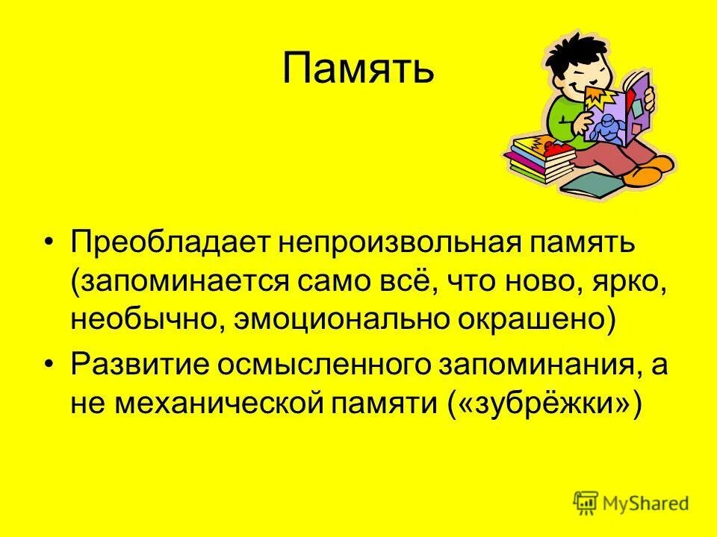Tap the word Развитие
tap(138, 365)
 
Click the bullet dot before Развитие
tap(49, 365)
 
